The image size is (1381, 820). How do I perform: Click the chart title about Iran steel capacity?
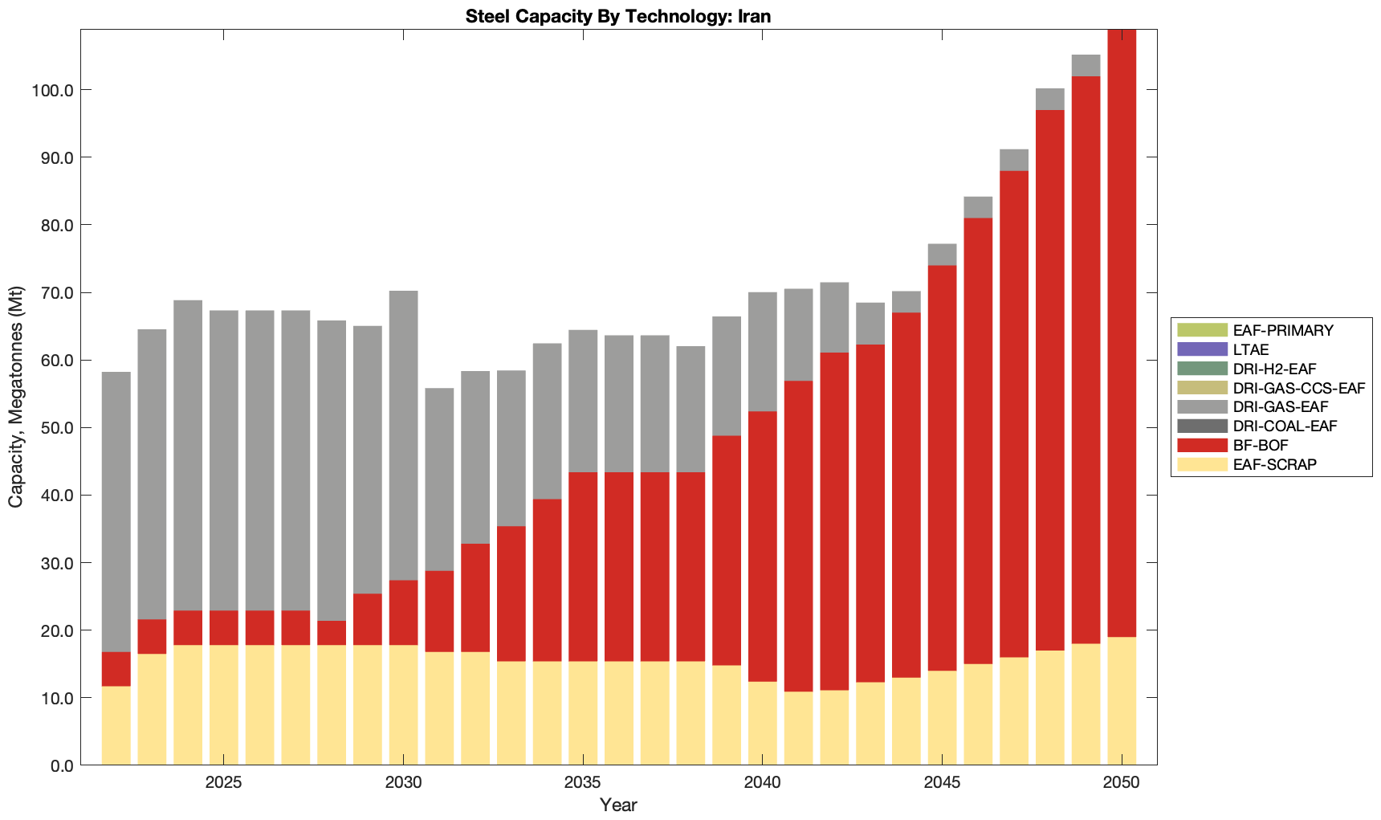pos(617,16)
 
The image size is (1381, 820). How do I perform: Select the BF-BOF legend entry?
pos(1261,446)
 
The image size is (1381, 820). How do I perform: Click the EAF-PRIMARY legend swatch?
pos(1202,330)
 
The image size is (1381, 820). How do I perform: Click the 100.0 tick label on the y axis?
pos(52,90)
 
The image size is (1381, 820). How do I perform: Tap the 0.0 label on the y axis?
pos(59,765)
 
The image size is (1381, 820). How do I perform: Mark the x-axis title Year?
pos(618,805)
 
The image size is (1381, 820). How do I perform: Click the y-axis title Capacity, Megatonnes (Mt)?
pos(16,397)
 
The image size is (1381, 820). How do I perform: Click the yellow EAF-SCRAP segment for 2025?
pos(224,704)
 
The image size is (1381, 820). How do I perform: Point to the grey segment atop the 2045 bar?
pos(942,255)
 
